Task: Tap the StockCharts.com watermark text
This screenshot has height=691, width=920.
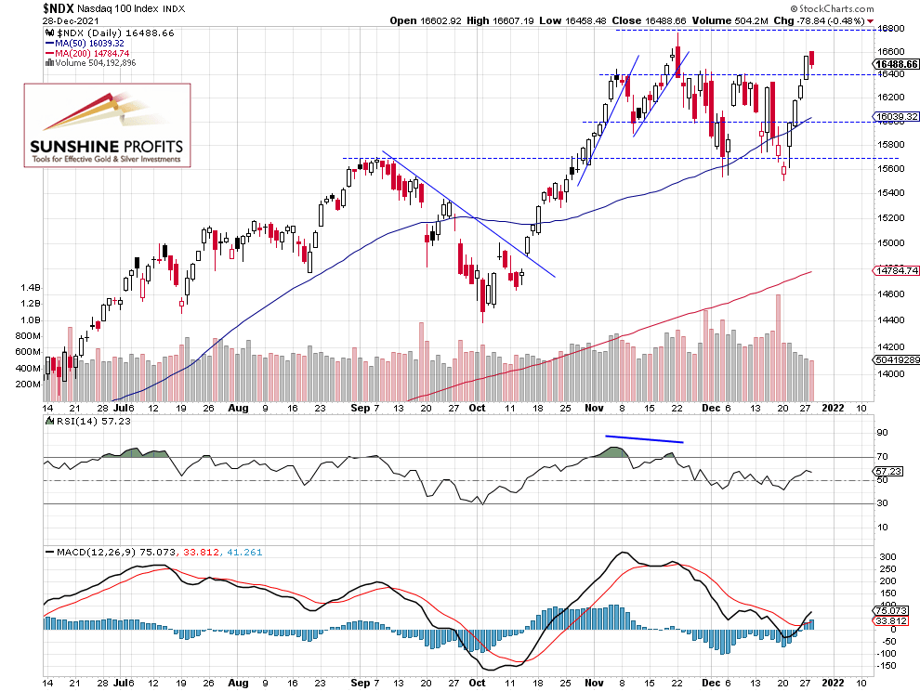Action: [x=875, y=7]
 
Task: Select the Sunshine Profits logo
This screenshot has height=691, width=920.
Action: [x=107, y=125]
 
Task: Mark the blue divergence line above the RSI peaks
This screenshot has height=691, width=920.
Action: [x=644, y=438]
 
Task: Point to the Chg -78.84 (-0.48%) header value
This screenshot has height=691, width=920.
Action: [x=819, y=20]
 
